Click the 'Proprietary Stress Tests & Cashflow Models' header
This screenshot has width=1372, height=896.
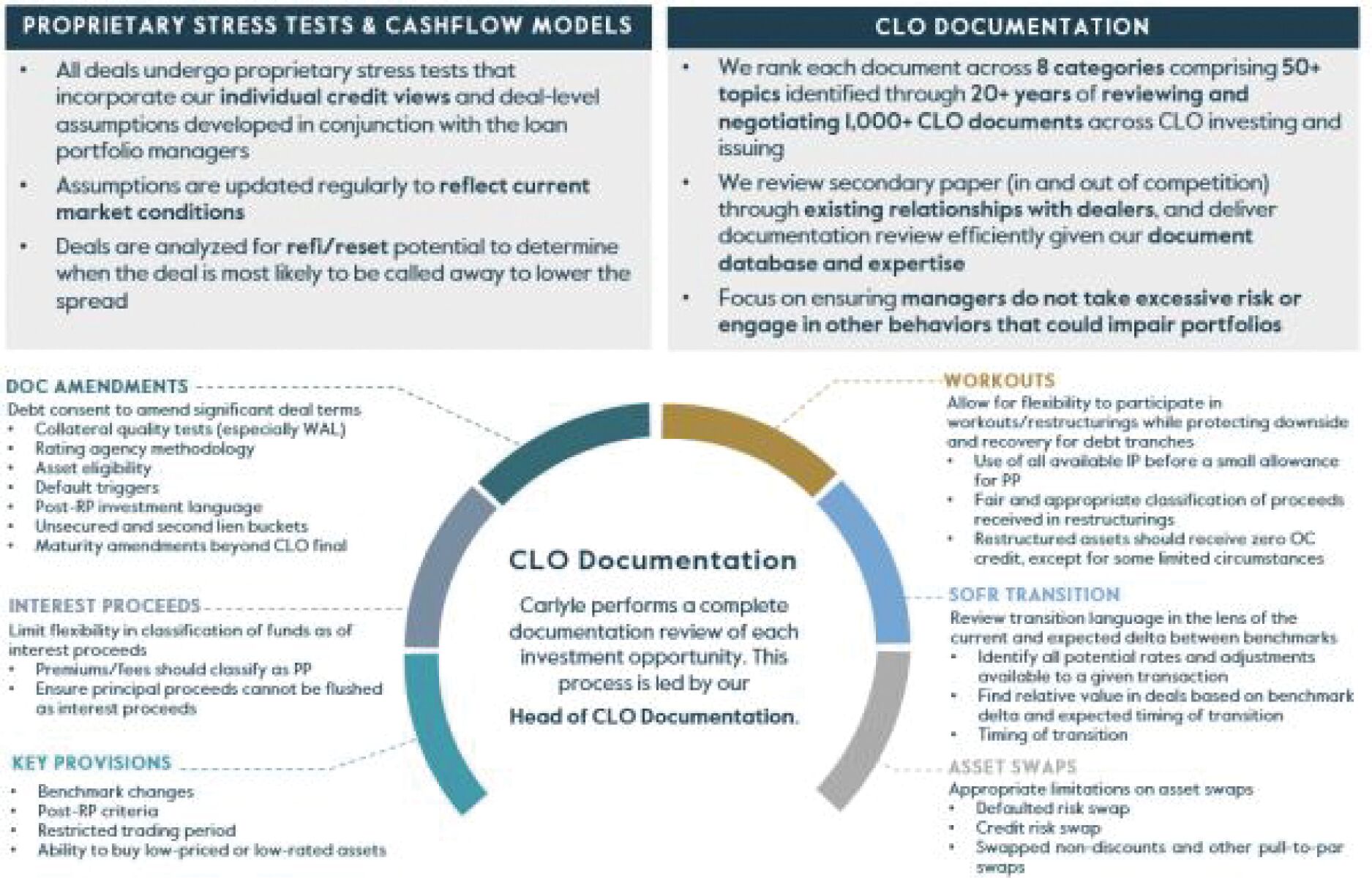[x=327, y=26]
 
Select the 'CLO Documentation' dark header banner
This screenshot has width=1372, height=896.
[x=1012, y=27]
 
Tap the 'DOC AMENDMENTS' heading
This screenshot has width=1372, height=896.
[x=97, y=386]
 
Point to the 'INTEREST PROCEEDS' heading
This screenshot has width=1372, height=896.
[x=105, y=606]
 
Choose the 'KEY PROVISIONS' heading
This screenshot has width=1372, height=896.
[x=91, y=763]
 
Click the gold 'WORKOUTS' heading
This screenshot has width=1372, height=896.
[x=1000, y=380]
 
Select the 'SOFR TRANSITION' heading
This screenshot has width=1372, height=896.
[x=1035, y=595]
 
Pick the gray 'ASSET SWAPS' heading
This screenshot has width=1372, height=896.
[x=1013, y=767]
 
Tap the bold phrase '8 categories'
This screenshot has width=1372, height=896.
[x=1100, y=67]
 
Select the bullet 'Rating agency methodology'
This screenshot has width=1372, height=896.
[x=145, y=448]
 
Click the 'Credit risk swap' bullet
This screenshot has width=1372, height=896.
[x=1038, y=828]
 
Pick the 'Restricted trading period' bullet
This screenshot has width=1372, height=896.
[x=137, y=830]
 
